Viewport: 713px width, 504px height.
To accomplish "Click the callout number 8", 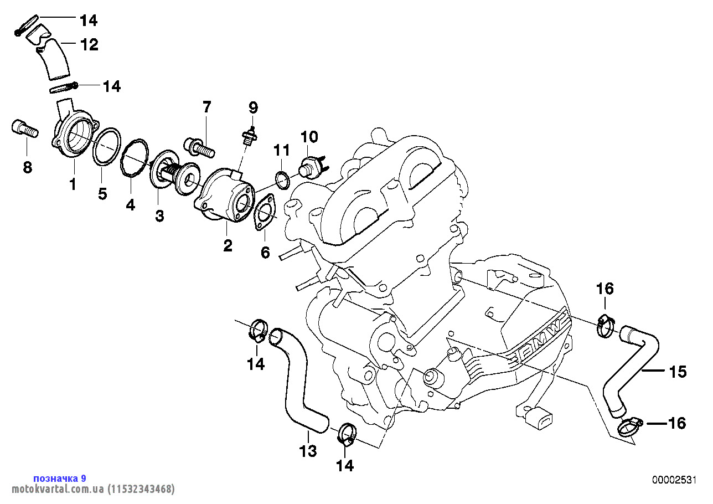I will pyautogui.click(x=28, y=167).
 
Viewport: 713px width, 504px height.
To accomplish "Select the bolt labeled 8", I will pyautogui.click(x=24, y=130).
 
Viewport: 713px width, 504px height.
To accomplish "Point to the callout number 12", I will pyautogui.click(x=90, y=44).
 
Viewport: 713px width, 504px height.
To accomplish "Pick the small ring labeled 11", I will pyautogui.click(x=282, y=179).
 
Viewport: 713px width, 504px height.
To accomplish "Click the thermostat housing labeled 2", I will pyautogui.click(x=224, y=195).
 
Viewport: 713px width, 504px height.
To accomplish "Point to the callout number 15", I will pyautogui.click(x=678, y=372).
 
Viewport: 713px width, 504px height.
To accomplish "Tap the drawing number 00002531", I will pyautogui.click(x=673, y=480).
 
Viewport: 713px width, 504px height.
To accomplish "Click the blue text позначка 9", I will pyautogui.click(x=60, y=478).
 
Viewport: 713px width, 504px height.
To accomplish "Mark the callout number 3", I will pyautogui.click(x=159, y=216).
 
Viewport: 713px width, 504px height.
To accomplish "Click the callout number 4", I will pyautogui.click(x=130, y=204).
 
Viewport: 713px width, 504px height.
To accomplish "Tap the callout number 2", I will pyautogui.click(x=228, y=245).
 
